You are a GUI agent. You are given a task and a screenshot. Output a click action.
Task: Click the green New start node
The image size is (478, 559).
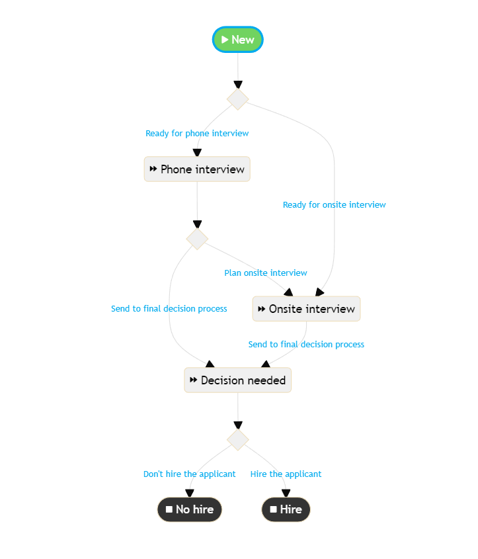point(238,40)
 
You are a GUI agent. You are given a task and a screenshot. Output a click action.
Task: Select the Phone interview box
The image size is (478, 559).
point(197,169)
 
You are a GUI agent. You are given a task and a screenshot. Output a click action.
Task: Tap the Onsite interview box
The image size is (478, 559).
point(306,309)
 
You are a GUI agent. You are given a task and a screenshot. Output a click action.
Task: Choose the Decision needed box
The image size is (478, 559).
point(237,380)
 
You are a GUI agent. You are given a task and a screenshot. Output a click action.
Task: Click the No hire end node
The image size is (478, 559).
point(190,509)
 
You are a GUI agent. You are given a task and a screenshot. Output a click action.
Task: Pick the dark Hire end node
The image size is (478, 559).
point(286,509)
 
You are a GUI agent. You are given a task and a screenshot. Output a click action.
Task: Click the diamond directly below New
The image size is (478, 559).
point(238,99)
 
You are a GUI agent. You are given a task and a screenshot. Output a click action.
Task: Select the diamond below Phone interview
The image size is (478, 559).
point(197,238)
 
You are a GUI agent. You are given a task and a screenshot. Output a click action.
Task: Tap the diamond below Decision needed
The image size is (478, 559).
point(238,439)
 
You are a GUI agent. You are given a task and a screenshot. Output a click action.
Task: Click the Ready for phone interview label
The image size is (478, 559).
point(197,134)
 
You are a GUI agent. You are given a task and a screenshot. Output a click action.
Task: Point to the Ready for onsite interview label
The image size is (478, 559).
point(334,205)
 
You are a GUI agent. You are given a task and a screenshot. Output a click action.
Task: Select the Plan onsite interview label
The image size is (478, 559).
point(265,273)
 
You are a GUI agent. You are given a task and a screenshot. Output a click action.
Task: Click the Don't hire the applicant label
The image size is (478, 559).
point(189,474)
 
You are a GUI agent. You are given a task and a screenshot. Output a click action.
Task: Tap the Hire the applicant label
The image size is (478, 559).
point(286,474)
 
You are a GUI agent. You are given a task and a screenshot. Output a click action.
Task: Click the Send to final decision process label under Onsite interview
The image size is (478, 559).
point(306,345)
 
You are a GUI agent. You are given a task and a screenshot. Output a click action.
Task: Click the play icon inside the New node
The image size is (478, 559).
point(225,40)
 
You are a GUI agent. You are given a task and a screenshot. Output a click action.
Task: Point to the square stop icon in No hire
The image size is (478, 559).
point(169,509)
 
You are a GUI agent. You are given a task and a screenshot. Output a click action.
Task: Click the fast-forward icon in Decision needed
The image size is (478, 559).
point(194,380)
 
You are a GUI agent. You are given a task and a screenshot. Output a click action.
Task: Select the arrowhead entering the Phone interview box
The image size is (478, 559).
point(197,153)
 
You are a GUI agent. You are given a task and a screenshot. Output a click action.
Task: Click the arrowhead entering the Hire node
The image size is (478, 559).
point(286,493)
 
